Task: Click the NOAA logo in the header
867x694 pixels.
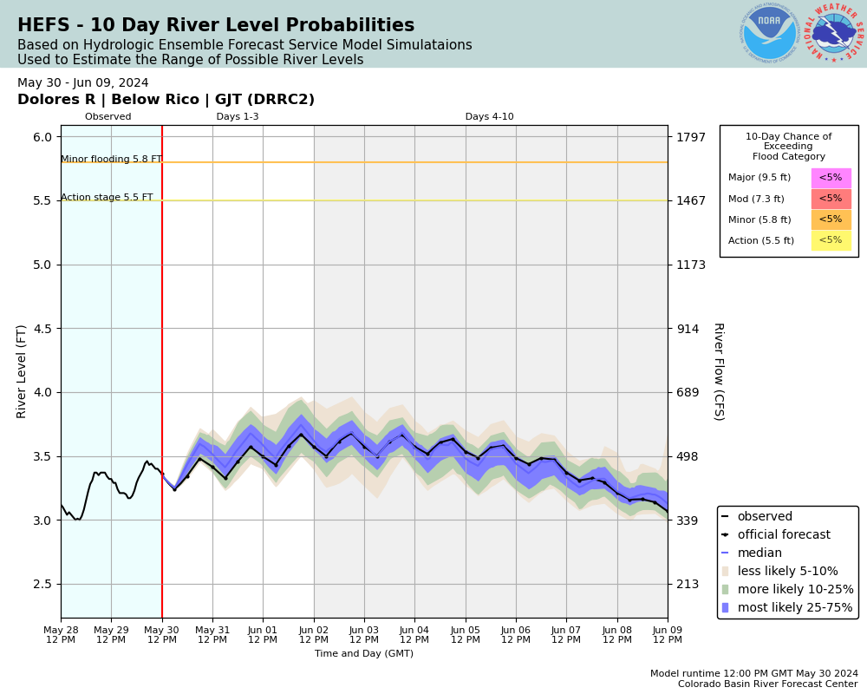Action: (769, 34)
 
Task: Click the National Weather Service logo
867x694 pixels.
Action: (834, 34)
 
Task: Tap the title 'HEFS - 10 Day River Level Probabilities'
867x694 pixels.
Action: (216, 26)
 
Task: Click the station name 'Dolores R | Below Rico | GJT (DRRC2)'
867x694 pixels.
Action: (166, 100)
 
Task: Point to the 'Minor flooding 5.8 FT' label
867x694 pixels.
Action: (111, 160)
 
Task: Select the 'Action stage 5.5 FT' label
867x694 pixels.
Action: (107, 198)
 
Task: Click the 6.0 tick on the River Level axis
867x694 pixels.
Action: (42, 137)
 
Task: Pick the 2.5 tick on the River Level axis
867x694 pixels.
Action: (42, 584)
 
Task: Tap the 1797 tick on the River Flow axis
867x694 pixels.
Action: (691, 137)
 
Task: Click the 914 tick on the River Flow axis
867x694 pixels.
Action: (688, 329)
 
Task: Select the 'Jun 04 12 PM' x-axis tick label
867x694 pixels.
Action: (414, 634)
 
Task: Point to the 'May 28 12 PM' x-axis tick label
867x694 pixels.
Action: (61, 634)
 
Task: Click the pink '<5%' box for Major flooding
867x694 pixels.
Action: (831, 178)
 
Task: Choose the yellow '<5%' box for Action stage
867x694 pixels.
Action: (831, 240)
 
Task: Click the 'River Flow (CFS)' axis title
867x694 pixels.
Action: (718, 371)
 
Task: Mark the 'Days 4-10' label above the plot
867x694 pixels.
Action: (489, 117)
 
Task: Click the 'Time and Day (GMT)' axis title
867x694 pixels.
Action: (364, 654)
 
